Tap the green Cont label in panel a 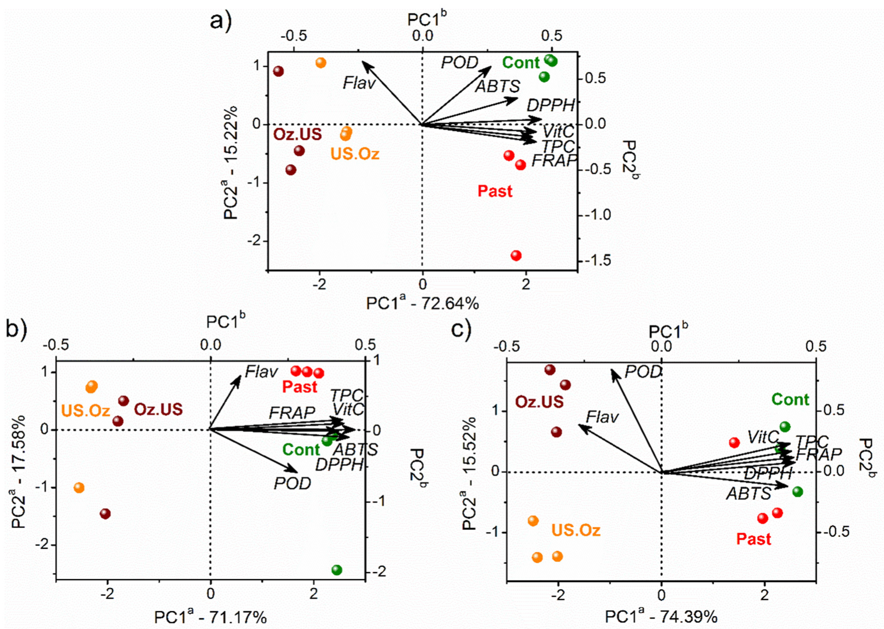click(520, 62)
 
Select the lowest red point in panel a click(516, 255)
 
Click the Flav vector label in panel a click(359, 83)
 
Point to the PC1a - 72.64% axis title click(422, 303)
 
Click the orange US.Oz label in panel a click(355, 153)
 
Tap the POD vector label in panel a click(459, 62)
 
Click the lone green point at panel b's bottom click(336, 570)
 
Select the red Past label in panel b click(300, 387)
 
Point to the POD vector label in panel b click(292, 483)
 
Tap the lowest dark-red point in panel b click(105, 514)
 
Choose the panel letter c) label click(461, 330)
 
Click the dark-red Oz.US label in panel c click(539, 401)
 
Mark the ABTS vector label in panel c click(749, 493)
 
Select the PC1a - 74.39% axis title click(661, 616)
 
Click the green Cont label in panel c click(790, 399)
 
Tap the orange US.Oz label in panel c click(576, 530)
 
